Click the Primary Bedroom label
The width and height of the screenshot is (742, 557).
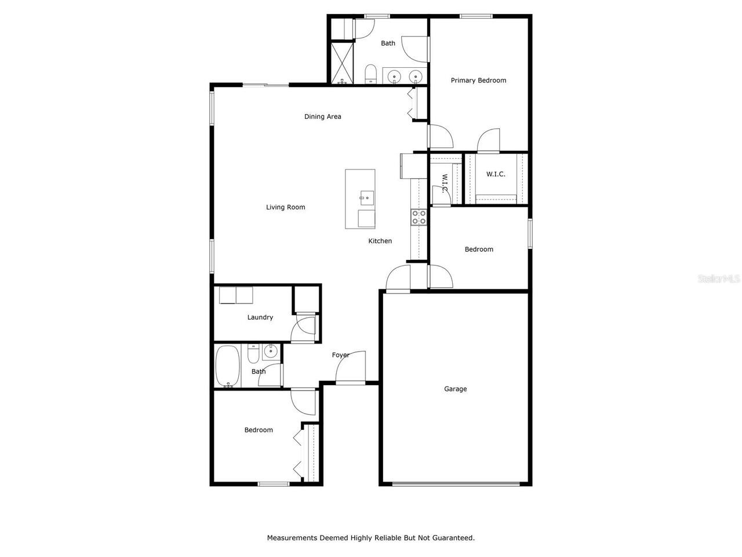pos(478,81)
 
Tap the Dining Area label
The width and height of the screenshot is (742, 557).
pos(323,117)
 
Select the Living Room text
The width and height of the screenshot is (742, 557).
pos(285,207)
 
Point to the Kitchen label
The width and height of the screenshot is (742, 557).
pos(380,241)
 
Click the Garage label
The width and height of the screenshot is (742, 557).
pos(456,389)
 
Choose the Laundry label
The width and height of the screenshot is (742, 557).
pos(260,317)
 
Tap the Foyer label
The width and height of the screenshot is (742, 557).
pos(340,355)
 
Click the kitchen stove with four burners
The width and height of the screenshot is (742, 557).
pos(419,218)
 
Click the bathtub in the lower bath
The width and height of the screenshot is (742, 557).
pos(227,366)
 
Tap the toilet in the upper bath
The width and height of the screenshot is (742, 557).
pos(371,74)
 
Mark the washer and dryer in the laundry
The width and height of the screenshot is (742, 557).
pos(236,295)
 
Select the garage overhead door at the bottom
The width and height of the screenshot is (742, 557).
pos(456,483)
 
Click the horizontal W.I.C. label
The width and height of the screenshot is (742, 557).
pos(496,174)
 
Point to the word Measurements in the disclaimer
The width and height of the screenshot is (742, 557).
pos(292,538)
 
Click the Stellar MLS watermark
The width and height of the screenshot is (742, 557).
pos(719,279)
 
